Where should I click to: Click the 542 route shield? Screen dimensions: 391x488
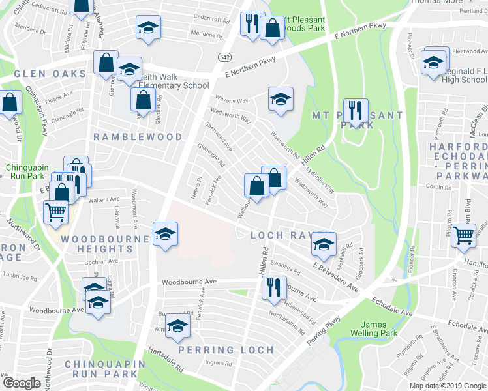tap(224, 57)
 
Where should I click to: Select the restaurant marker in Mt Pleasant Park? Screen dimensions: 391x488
tap(356, 110)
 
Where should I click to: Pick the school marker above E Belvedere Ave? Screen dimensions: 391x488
tap(323, 244)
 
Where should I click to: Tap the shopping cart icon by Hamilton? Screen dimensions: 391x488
tap(465, 237)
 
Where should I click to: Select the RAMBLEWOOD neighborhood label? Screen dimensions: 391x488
tap(138, 137)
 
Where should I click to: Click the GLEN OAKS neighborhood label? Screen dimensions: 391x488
tap(41, 74)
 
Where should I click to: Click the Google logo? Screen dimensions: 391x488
tap(22, 383)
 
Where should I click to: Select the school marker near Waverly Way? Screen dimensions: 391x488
tap(281, 99)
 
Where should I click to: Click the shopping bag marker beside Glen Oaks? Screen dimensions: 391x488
tap(106, 63)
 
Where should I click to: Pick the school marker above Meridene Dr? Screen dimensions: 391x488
tap(148, 27)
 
